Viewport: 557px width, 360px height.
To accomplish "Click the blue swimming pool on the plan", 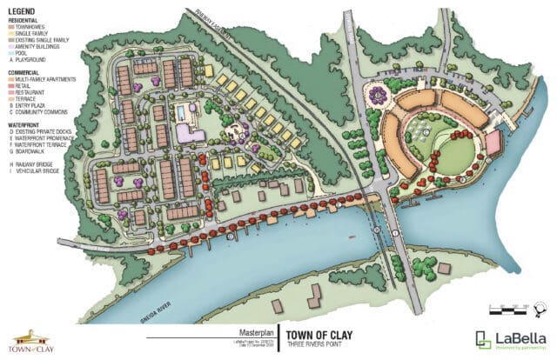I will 184,114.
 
